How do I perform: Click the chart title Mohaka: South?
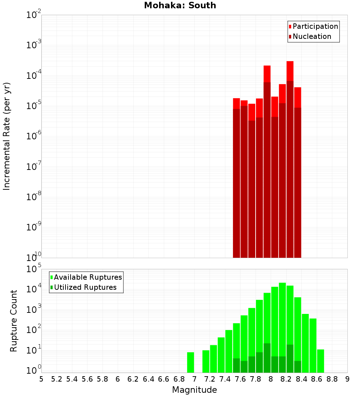coord(180,5)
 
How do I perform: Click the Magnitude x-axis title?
coord(194,390)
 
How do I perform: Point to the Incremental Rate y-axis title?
coord(7,136)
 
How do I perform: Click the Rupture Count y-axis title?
coord(14,321)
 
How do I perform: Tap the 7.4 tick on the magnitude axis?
coord(225,379)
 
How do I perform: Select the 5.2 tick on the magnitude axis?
coord(57,379)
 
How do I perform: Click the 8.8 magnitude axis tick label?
coord(332,379)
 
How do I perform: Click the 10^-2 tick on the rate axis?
coord(33,15)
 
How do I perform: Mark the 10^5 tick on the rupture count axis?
coord(33,269)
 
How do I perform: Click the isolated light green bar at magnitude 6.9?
coord(190,362)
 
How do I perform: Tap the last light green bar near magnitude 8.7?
coord(320,361)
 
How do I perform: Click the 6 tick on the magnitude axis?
coord(118,379)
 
